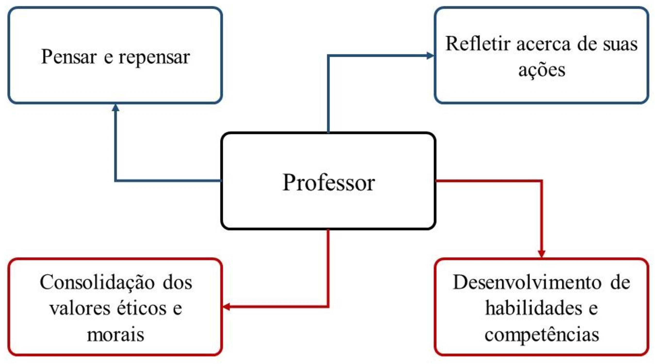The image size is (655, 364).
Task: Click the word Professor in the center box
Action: click(x=328, y=183)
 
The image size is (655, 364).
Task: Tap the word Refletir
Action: click(x=478, y=44)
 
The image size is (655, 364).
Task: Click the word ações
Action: click(x=542, y=70)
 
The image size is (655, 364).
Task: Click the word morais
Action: click(x=116, y=334)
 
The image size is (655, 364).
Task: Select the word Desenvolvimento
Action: click(x=527, y=282)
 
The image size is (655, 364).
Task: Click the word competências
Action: click(x=542, y=334)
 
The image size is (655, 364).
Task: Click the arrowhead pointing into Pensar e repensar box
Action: click(x=116, y=108)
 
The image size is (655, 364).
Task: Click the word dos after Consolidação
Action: click(x=178, y=282)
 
